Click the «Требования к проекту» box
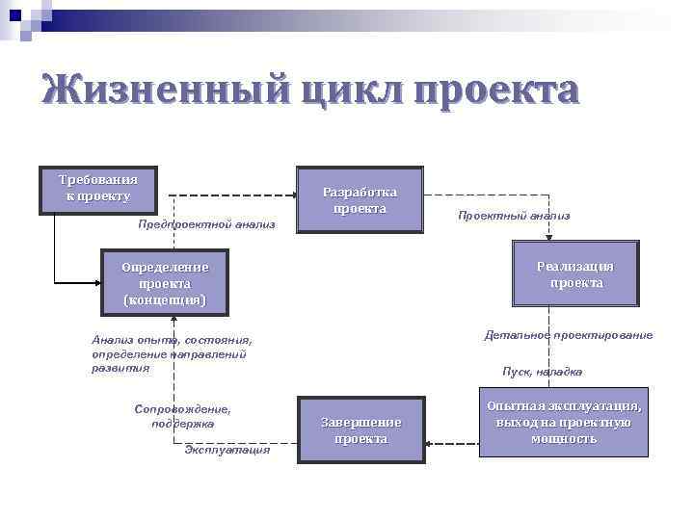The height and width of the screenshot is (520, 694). [x=97, y=189]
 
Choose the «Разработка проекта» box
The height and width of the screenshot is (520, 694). [x=360, y=200]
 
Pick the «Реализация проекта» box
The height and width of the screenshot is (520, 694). [x=576, y=274]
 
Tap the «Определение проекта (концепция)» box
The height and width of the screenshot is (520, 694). [x=164, y=283]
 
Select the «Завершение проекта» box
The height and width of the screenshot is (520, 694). [x=360, y=430]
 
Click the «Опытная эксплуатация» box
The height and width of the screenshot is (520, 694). [x=564, y=423]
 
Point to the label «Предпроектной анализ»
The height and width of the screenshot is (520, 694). [x=207, y=224]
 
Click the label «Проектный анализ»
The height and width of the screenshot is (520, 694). [x=514, y=216]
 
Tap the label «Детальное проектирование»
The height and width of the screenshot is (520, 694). [x=568, y=335]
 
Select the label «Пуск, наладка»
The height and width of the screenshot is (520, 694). [x=543, y=372]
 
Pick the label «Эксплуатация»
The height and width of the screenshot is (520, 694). [x=227, y=450]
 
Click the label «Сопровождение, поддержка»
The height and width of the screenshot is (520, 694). [x=183, y=416]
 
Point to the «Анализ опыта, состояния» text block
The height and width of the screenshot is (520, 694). [x=172, y=353]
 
